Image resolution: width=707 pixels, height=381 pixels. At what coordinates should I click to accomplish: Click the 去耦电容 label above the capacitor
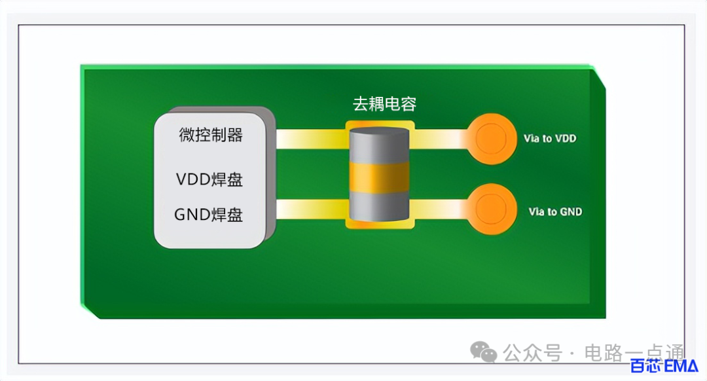(384, 104)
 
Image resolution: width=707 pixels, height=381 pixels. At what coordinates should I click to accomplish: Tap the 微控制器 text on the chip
(211, 135)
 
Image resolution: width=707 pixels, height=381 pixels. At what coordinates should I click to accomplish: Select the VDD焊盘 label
(209, 179)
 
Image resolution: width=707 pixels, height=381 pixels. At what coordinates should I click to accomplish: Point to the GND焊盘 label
(208, 215)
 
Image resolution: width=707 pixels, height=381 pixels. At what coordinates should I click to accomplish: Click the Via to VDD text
(550, 138)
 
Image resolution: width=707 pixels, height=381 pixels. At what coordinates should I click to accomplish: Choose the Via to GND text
(555, 211)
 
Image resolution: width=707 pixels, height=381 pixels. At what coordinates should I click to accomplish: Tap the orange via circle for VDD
(491, 138)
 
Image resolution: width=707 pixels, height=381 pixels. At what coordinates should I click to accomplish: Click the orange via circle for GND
(491, 209)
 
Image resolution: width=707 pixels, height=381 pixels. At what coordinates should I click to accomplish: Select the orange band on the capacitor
(379, 177)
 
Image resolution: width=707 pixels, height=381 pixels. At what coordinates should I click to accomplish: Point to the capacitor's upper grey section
(379, 145)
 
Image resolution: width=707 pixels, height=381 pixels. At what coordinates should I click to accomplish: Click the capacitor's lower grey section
(379, 206)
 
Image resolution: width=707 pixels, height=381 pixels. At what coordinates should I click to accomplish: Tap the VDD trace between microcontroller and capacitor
(311, 139)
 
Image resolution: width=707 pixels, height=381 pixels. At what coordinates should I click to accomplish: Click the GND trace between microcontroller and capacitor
(311, 209)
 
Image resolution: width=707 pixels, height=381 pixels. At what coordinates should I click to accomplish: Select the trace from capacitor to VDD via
(441, 139)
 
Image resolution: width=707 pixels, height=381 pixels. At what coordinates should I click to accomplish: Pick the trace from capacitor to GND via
(441, 209)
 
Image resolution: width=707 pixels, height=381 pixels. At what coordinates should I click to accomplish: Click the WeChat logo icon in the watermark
(483, 352)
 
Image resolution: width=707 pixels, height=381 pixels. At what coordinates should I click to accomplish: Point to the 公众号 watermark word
(532, 353)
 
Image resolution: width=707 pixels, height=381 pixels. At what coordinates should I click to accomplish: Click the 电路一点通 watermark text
(634, 353)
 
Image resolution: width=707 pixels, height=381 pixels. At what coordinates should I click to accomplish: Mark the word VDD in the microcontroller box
(193, 179)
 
